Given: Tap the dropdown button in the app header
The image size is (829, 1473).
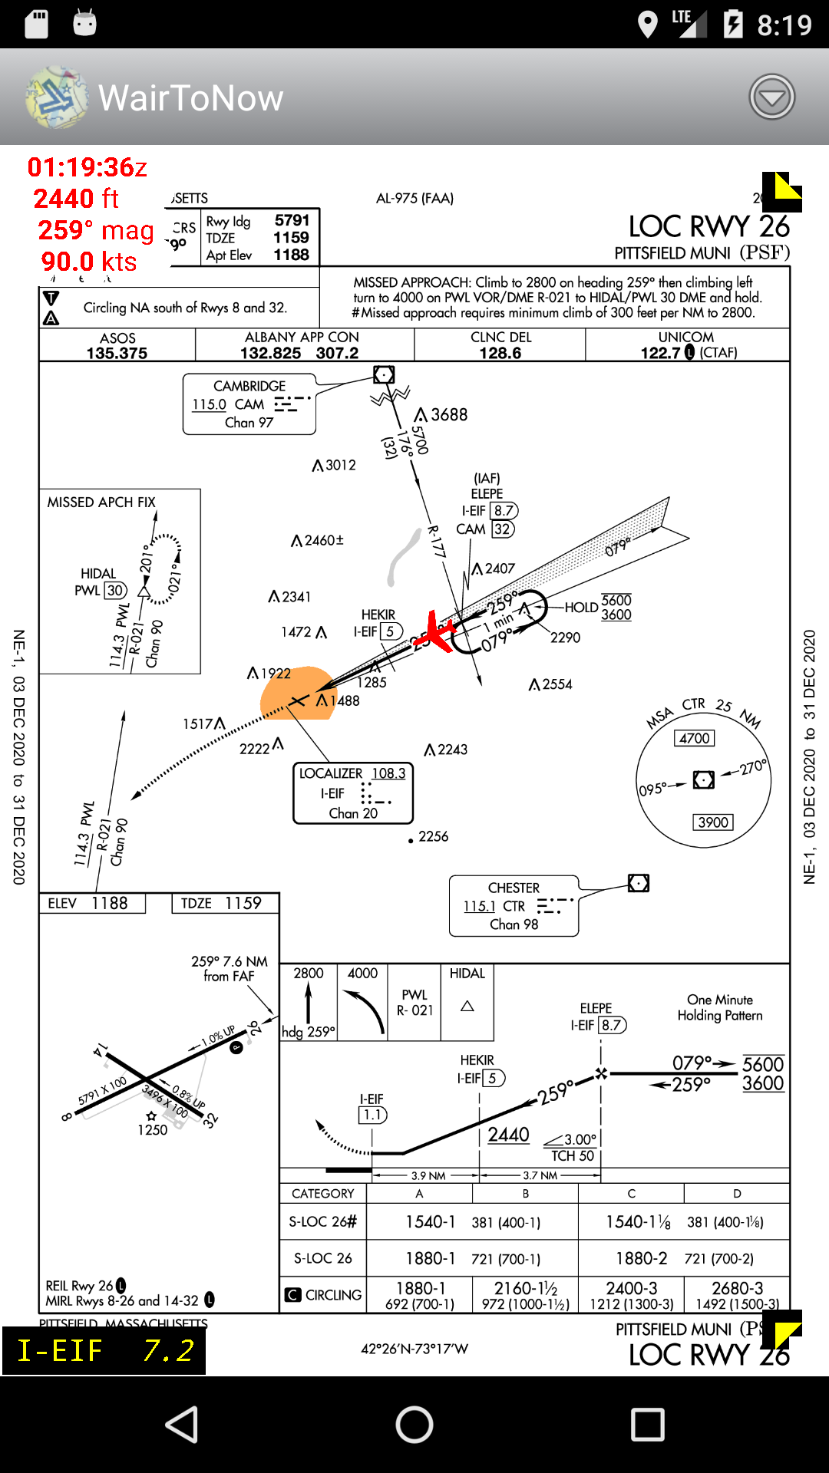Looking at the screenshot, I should [771, 97].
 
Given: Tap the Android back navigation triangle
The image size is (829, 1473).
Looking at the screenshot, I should [183, 1425].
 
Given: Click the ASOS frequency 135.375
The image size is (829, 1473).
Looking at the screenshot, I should [117, 353].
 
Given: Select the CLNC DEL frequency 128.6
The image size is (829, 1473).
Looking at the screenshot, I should [500, 353].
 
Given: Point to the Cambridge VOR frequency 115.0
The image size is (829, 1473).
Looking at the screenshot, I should [209, 404].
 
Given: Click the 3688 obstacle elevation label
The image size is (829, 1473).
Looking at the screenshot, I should [448, 415].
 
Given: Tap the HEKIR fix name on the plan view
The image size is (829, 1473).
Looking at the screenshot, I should [378, 615].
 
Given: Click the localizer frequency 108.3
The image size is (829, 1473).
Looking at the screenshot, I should [388, 773].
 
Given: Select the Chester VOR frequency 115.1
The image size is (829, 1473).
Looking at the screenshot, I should [479, 906].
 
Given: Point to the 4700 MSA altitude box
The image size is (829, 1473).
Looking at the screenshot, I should [695, 738].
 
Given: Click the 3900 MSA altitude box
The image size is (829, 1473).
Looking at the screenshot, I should [713, 822].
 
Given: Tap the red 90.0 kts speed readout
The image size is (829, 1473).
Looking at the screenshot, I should [89, 262].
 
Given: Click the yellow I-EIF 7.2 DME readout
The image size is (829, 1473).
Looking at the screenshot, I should [104, 1349].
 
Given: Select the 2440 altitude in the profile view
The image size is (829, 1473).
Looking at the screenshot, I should [508, 1135].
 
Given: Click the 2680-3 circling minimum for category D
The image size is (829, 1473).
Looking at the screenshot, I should [737, 1288].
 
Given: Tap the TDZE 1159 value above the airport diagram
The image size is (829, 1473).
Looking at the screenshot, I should [221, 903].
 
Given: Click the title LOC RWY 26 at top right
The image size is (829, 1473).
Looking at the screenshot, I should [708, 226].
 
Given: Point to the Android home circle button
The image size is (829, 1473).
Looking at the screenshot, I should [414, 1425].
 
